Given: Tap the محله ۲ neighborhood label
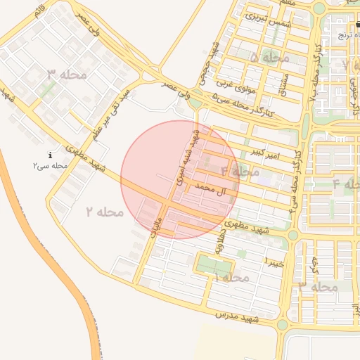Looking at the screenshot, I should click(105, 211).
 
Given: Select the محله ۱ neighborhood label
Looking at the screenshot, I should click(231, 278).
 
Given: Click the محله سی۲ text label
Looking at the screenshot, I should click(50, 166).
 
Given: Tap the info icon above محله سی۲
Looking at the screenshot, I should click(50, 155).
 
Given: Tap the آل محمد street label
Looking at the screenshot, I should click(214, 191).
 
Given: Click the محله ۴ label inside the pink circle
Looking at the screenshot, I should click(240, 171).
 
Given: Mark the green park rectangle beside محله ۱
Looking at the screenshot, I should click(214, 266).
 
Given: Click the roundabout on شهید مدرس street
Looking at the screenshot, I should click(282, 324).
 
